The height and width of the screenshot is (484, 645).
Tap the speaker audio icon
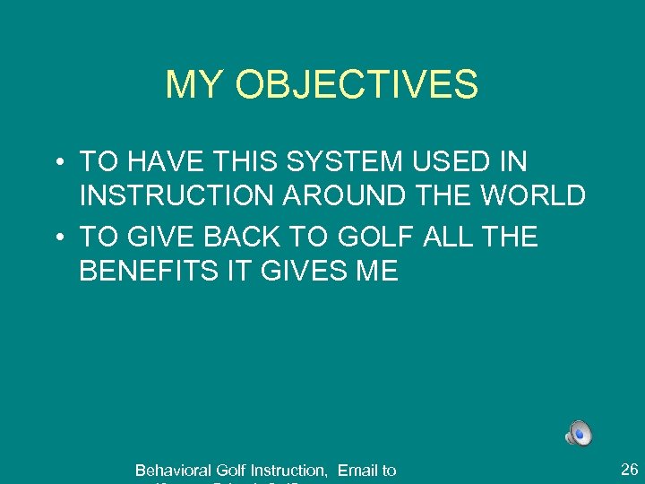(579, 433)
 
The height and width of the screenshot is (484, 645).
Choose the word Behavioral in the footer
(173, 470)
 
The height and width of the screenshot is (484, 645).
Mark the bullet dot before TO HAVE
(56, 162)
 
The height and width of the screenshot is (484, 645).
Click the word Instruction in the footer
(288, 470)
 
